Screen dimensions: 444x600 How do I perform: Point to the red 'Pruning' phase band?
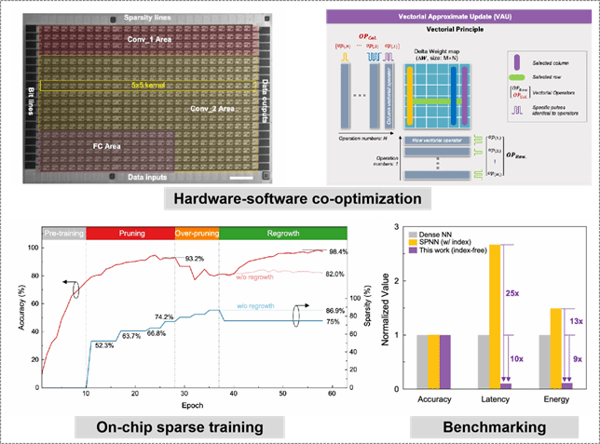click(x=130, y=233)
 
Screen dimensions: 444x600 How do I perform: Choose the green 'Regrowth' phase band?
click(x=282, y=233)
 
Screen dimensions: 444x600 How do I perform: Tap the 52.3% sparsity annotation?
click(x=103, y=344)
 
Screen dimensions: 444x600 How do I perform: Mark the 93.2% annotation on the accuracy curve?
click(x=194, y=259)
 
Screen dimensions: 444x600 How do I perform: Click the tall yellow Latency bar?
click(x=495, y=316)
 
